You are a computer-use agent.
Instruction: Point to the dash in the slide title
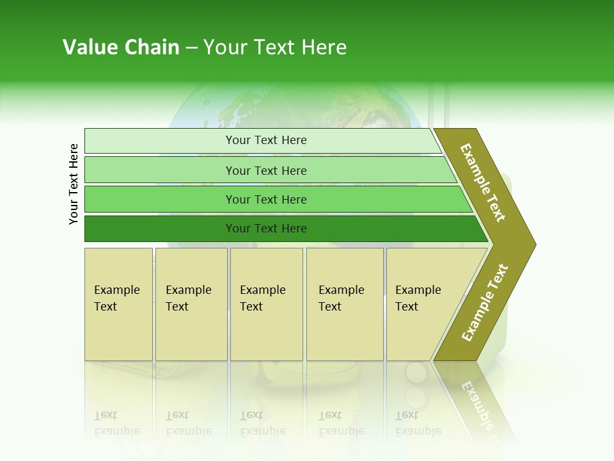click(x=191, y=48)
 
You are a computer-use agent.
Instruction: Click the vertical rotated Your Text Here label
click(x=74, y=184)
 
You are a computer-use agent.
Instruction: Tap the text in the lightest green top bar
click(x=266, y=140)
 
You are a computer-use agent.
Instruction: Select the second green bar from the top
click(x=266, y=170)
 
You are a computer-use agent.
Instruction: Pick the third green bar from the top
click(x=266, y=199)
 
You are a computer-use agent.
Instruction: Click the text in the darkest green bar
click(x=266, y=229)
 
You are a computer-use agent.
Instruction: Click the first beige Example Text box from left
click(x=118, y=298)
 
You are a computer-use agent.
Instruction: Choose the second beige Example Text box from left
click(x=190, y=298)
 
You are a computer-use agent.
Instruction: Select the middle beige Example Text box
click(x=265, y=298)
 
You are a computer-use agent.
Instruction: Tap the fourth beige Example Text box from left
click(x=344, y=298)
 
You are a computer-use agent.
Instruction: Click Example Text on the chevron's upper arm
click(x=484, y=182)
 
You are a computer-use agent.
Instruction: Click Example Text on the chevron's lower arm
click(x=485, y=302)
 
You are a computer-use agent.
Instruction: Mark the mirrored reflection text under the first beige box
click(x=116, y=423)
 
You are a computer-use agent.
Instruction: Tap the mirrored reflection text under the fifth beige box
click(x=417, y=423)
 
